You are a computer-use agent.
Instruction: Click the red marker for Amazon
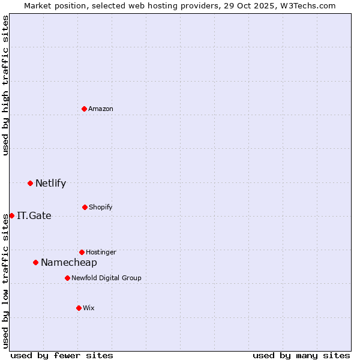(x=85, y=109)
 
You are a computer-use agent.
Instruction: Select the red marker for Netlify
(x=31, y=183)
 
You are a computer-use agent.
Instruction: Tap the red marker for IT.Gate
(x=11, y=215)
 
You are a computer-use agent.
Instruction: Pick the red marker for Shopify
(x=85, y=207)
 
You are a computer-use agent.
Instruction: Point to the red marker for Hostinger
(x=82, y=252)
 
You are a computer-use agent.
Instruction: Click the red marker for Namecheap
(x=36, y=262)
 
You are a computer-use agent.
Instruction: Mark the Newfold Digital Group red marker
(x=67, y=278)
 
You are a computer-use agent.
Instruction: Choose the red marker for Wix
(x=79, y=308)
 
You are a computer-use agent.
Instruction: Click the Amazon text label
(x=101, y=109)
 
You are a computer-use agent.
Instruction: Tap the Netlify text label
(x=50, y=183)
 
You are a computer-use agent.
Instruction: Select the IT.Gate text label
(x=34, y=215)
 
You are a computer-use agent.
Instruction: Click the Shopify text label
(x=100, y=207)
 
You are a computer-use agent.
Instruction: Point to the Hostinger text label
(x=101, y=252)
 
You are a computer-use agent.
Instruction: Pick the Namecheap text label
(x=69, y=262)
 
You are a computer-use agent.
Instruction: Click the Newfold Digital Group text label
(x=106, y=278)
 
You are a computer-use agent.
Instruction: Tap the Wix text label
(x=89, y=308)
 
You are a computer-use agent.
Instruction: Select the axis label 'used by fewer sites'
(x=62, y=355)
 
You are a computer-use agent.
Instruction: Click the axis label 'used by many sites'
(x=301, y=355)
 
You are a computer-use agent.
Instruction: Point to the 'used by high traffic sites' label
(x=5, y=85)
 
